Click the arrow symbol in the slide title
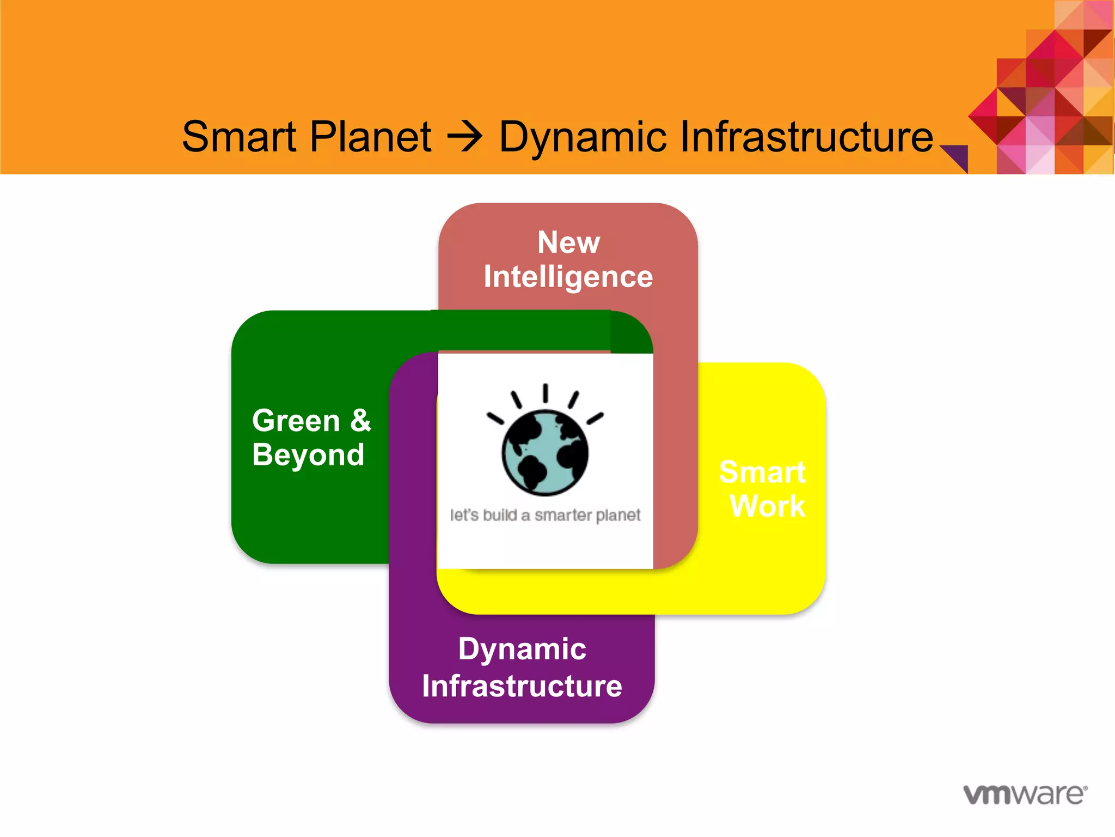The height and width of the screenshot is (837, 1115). (x=464, y=137)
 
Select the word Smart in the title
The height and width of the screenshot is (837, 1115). (x=240, y=137)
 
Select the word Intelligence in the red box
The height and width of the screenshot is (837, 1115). (x=568, y=277)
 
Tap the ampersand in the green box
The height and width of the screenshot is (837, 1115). (x=360, y=420)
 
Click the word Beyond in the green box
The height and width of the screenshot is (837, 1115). (x=308, y=455)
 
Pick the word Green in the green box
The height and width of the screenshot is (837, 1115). (x=296, y=421)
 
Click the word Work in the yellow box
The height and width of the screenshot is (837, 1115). (x=767, y=506)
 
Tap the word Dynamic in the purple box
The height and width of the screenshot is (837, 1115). (x=522, y=649)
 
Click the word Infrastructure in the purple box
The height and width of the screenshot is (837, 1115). (x=522, y=686)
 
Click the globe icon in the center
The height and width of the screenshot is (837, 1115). (x=545, y=452)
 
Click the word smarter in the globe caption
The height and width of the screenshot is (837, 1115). (x=562, y=515)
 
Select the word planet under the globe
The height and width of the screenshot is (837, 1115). (x=618, y=515)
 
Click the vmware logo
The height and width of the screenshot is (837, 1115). (x=1025, y=794)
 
